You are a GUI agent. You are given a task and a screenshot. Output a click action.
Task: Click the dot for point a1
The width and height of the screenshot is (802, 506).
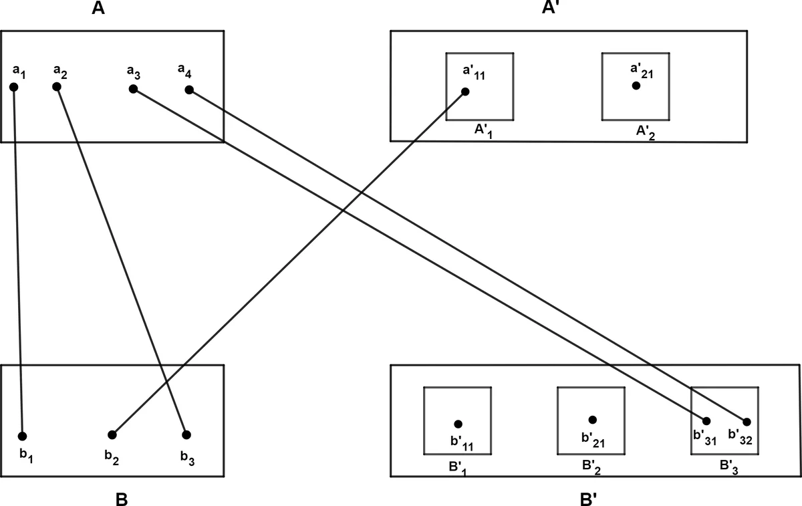[13, 87]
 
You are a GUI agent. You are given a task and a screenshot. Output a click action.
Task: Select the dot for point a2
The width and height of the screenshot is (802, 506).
[57, 86]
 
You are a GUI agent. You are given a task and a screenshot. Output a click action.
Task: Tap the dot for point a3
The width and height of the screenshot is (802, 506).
[133, 89]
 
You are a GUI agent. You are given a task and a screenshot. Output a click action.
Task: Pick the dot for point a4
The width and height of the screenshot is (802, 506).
[189, 90]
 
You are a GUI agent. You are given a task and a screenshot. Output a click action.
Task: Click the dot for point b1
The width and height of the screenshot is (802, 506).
[23, 436]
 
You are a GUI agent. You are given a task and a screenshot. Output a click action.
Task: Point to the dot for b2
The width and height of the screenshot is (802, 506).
[112, 435]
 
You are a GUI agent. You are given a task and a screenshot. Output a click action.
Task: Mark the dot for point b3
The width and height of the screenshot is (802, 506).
[186, 434]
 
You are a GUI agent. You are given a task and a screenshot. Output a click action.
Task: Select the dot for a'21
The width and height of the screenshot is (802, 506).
[636, 86]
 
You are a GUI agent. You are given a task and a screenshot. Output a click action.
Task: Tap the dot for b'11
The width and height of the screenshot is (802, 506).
[458, 424]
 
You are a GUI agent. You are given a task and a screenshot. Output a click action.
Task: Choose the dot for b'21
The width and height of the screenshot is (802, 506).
[592, 420]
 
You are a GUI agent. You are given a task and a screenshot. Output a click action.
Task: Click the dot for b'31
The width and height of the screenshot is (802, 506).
[706, 420]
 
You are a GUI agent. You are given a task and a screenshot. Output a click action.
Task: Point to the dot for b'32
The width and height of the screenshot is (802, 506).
[747, 422]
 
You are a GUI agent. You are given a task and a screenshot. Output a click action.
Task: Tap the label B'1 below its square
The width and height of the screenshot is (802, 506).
[456, 465]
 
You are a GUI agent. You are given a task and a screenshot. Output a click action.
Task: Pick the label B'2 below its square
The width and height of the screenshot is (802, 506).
[591, 465]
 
